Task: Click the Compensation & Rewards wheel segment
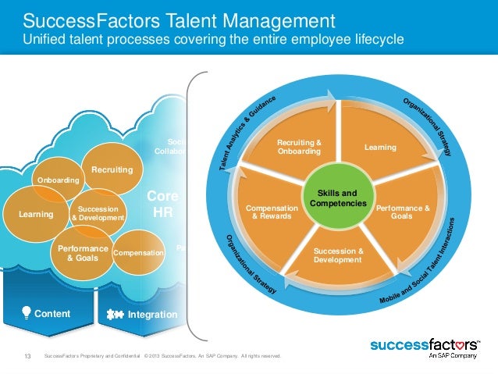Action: [x=272, y=212]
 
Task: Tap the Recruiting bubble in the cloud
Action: [x=112, y=169]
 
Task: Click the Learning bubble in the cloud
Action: [x=37, y=214]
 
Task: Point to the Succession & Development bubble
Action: [x=98, y=213]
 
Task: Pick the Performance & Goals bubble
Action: [x=83, y=253]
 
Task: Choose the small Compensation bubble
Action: [x=138, y=253]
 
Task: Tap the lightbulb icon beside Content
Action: [x=27, y=314]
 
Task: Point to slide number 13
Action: [x=28, y=358]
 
